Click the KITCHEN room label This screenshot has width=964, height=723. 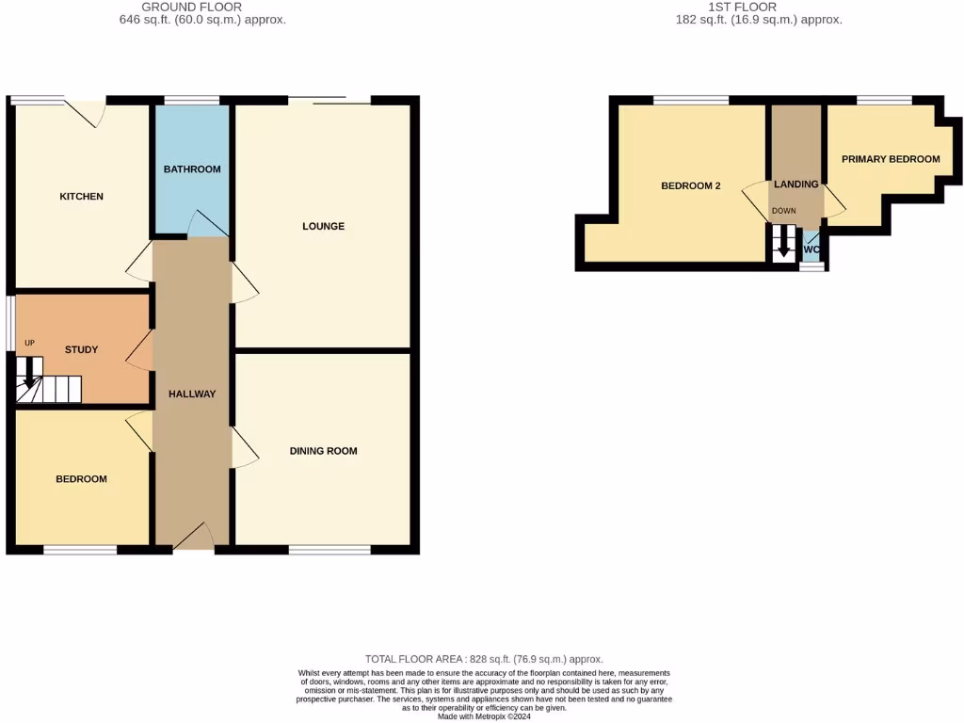click(x=81, y=197)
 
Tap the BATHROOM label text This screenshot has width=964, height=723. click(x=192, y=169)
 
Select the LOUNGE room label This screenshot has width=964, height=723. click(x=323, y=226)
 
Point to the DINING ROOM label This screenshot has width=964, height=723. click(x=323, y=451)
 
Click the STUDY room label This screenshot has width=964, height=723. click(x=81, y=350)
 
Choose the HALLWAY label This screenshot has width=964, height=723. click(x=192, y=394)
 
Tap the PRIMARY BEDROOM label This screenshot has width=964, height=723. click(x=890, y=159)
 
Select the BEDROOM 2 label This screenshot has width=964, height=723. click(x=690, y=186)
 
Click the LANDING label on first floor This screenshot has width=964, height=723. click(x=795, y=185)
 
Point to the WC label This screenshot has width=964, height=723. click(x=811, y=249)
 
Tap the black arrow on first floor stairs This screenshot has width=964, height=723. click(x=782, y=248)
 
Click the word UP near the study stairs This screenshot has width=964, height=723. click(x=29, y=343)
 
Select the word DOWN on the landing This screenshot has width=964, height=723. click(x=783, y=211)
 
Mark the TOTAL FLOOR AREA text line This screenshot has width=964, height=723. click(x=483, y=660)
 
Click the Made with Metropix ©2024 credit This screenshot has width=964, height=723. click(x=483, y=716)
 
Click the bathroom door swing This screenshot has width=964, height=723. click(x=206, y=224)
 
